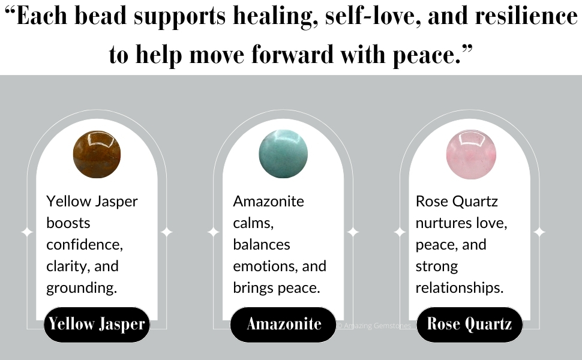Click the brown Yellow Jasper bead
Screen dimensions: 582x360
point(97,154)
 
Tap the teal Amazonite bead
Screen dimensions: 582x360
point(283,154)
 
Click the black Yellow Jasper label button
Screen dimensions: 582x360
point(97,325)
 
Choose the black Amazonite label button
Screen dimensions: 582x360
point(283,325)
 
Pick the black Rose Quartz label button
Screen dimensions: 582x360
point(469,325)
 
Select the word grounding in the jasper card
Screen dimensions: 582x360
point(81,288)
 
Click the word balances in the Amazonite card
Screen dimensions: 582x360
point(262,245)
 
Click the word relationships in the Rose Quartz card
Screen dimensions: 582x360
point(459,288)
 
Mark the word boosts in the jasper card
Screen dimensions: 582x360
point(68,223)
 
